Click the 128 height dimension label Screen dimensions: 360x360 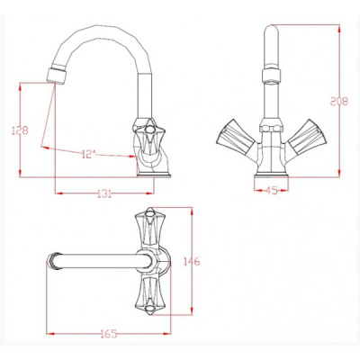tap(20, 130)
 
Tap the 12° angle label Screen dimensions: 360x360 tap(88, 155)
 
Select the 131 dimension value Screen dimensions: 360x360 tap(104, 193)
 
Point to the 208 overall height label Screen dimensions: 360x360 tap(339, 102)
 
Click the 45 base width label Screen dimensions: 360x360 tap(272, 190)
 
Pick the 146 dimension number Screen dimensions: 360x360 tap(192, 261)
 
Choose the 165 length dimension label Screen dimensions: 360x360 tap(109, 334)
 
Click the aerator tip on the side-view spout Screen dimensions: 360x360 tap(56, 76)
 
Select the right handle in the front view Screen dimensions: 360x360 tap(307, 137)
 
